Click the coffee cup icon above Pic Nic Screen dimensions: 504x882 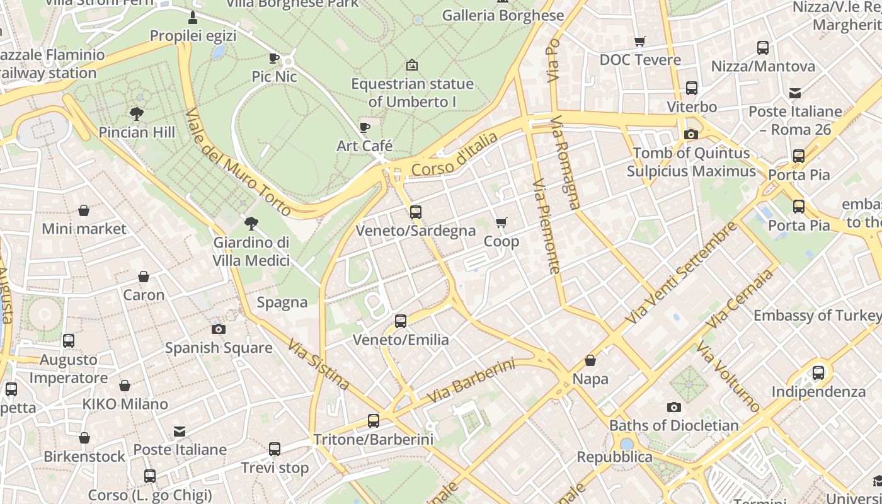pos(274,59)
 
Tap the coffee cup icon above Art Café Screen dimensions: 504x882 pos(365,128)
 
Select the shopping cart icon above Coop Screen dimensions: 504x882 pos(501,223)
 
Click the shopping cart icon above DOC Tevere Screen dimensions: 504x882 pos(640,42)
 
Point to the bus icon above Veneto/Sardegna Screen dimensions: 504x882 pos(415,212)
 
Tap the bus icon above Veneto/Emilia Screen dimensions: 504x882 pos(401,321)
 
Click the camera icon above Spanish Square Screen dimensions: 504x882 pos(219,329)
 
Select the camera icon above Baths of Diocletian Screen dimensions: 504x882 pos(674,407)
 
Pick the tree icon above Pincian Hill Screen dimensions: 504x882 pos(137,114)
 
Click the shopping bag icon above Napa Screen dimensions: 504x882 pos(590,360)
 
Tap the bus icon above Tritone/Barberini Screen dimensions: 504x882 pos(374,421)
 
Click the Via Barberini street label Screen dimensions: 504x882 pos(471,381)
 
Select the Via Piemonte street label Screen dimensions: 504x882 pos(546,226)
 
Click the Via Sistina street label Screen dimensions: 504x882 pos(319,365)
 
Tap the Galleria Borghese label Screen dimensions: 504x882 pos(503,15)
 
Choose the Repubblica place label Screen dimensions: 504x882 pos(614,457)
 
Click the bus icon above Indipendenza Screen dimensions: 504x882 pos(818,373)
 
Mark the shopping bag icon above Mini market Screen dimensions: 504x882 pos(84,210)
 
